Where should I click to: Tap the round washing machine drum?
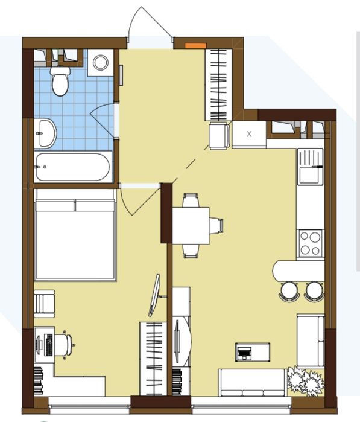click(x=101, y=62)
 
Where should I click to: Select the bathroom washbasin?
click(x=45, y=133)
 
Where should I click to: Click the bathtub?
click(x=73, y=167)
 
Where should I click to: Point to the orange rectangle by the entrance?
click(x=196, y=46)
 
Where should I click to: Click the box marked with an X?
click(x=249, y=134)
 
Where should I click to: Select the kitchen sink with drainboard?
click(x=311, y=167)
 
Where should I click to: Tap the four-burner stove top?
click(x=311, y=243)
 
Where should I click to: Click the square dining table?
click(x=191, y=226)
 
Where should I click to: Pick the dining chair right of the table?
click(x=216, y=225)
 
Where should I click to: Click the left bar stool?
click(x=289, y=291)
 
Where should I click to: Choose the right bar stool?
click(x=314, y=291)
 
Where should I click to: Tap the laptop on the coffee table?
click(x=244, y=353)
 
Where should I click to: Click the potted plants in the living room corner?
click(x=306, y=381)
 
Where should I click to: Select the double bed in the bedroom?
click(x=75, y=234)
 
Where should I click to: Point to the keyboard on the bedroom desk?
click(x=49, y=345)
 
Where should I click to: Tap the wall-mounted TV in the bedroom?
click(x=155, y=295)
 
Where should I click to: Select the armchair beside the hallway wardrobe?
click(x=219, y=135)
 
